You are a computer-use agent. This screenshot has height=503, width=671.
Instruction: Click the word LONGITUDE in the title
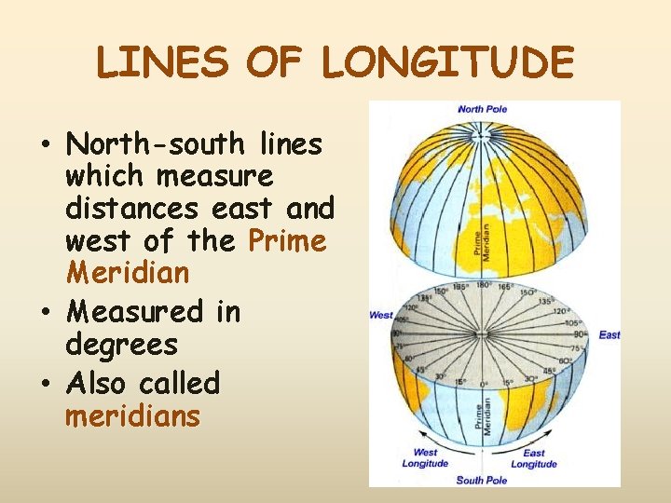pyautogui.click(x=448, y=63)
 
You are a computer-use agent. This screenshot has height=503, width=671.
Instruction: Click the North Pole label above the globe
pyautogui.click(x=483, y=109)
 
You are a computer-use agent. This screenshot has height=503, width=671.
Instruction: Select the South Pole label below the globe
pyautogui.click(x=482, y=480)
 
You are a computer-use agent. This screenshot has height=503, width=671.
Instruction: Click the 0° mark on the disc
pyautogui.click(x=484, y=383)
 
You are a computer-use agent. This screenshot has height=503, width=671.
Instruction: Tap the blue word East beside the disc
pyautogui.click(x=609, y=334)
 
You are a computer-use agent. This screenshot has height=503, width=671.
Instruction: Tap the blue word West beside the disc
pyautogui.click(x=381, y=315)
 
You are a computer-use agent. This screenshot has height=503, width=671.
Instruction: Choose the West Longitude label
pyautogui.click(x=425, y=458)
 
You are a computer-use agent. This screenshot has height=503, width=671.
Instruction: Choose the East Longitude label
pyautogui.click(x=534, y=458)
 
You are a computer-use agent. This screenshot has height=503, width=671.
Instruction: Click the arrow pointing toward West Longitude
pyautogui.click(x=438, y=442)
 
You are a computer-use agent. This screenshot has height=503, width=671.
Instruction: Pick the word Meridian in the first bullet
pyautogui.click(x=127, y=274)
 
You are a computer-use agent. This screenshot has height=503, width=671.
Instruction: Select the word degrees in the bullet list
pyautogui.click(x=121, y=345)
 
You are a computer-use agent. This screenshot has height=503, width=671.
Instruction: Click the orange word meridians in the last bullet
pyautogui.click(x=132, y=415)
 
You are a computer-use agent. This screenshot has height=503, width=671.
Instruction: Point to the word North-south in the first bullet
pyautogui.click(x=152, y=144)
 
